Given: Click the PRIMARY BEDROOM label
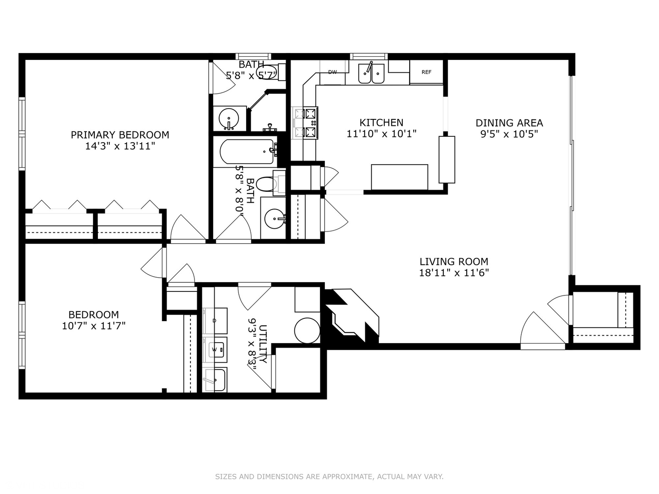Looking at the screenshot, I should click(x=120, y=135).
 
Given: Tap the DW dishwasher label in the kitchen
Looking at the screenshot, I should click(x=333, y=72).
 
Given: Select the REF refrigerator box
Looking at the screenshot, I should click(x=426, y=72).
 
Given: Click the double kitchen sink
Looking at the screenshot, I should click(x=371, y=74).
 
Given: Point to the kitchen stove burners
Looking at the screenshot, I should click(x=305, y=123).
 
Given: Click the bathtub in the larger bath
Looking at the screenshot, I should click(x=247, y=152).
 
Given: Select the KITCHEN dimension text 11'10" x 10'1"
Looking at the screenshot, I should click(x=381, y=134).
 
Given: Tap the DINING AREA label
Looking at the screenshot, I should click(x=509, y=123).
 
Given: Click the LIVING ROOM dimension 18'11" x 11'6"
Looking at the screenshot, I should click(x=454, y=273).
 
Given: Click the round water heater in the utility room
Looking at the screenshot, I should click(x=307, y=330).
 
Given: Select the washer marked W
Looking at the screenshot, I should click(x=215, y=349).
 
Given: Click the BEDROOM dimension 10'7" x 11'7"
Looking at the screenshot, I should click(x=94, y=326).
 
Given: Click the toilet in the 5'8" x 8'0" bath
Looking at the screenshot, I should click(x=267, y=184).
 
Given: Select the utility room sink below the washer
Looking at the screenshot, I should click(x=215, y=380).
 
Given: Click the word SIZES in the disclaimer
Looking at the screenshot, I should click(x=226, y=477).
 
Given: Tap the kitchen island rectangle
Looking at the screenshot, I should click(x=399, y=177).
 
